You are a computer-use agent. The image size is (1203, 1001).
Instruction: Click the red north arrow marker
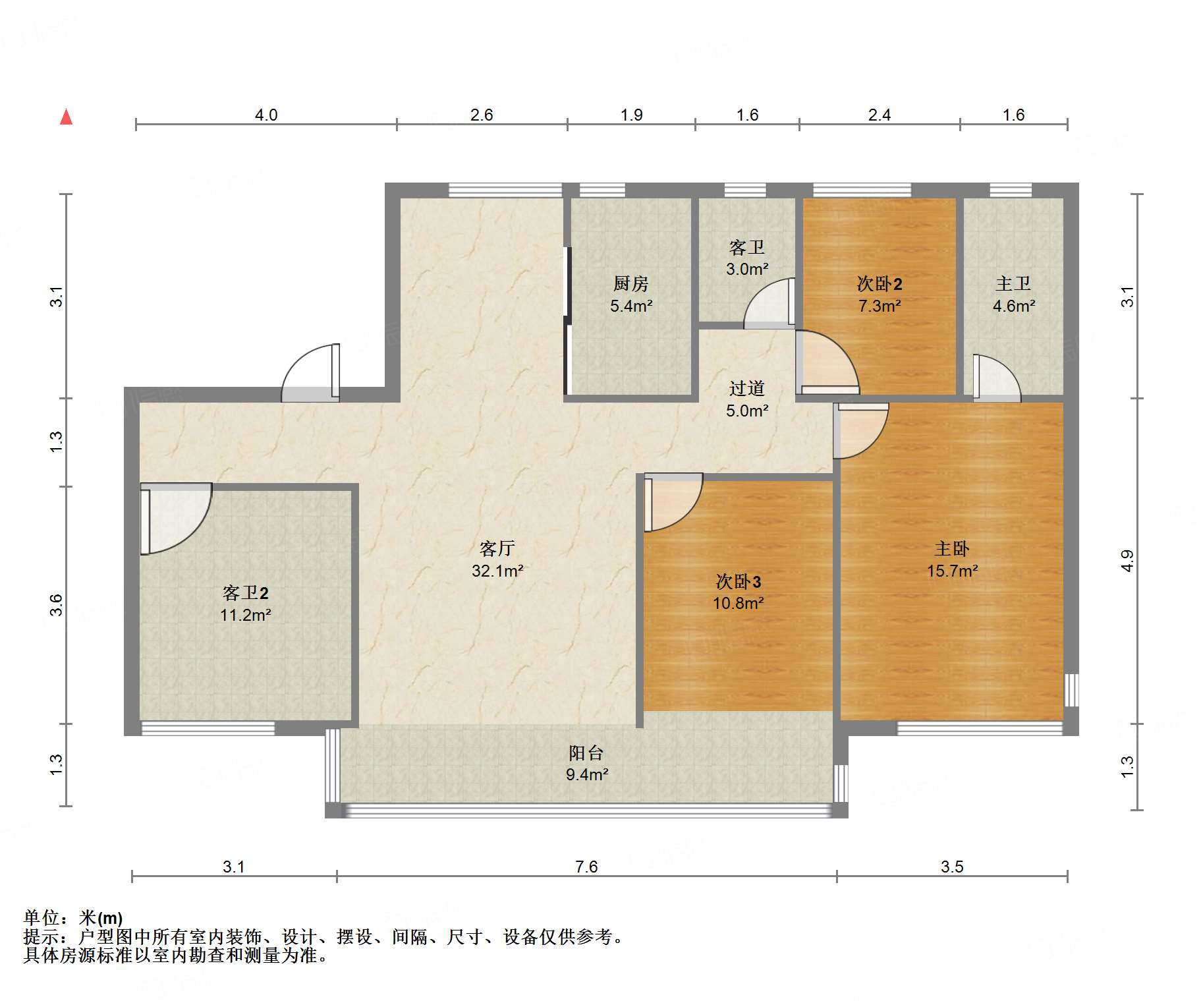tap(66, 117)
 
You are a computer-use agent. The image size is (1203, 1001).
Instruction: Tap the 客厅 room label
tap(497, 548)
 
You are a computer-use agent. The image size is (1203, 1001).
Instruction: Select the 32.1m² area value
tap(497, 571)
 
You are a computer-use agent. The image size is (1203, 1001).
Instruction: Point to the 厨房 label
tap(631, 284)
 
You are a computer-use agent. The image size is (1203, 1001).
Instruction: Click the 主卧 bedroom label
tap(952, 548)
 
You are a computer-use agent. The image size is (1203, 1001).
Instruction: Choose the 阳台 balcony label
tap(586, 753)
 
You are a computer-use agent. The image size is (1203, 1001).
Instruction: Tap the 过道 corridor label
tap(747, 388)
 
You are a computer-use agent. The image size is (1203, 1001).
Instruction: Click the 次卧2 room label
tap(880, 284)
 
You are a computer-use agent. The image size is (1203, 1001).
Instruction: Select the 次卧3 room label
tap(739, 581)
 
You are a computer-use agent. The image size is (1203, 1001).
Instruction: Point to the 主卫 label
tap(1013, 284)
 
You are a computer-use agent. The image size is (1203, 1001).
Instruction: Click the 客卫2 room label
tap(246, 593)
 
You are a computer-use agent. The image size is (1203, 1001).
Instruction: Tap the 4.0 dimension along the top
tap(266, 115)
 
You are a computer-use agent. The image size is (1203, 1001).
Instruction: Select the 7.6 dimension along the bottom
tap(586, 867)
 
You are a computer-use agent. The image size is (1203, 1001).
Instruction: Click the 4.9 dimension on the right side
tap(1127, 561)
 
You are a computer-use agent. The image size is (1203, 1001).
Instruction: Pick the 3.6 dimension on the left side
tap(57, 605)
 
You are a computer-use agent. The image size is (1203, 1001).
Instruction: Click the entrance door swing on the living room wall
tap(311, 373)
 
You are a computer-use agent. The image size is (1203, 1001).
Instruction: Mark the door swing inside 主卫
tap(997, 378)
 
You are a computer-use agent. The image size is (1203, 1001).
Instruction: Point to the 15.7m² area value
tap(952, 571)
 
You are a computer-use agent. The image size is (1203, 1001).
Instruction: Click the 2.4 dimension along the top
tap(880, 115)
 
